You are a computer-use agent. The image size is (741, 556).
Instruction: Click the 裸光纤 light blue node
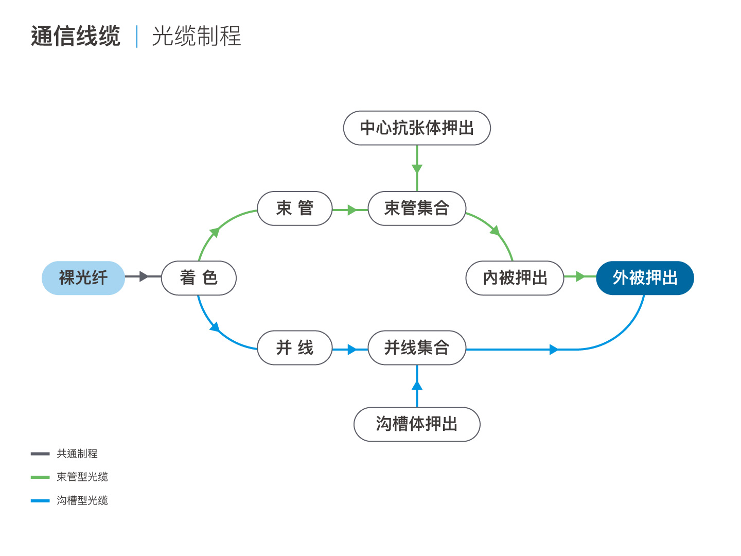click(83, 278)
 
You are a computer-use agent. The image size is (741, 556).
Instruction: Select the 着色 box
click(199, 278)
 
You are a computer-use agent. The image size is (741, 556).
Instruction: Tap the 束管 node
click(295, 208)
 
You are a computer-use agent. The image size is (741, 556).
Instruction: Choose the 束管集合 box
click(417, 208)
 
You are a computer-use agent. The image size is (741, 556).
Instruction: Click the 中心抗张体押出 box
click(417, 128)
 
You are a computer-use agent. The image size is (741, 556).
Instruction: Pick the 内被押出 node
click(515, 278)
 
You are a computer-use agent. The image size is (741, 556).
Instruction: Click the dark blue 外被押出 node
click(645, 278)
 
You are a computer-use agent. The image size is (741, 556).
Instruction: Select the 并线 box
click(295, 347)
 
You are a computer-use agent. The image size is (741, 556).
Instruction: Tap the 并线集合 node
click(417, 347)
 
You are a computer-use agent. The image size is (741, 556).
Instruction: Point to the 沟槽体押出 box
click(417, 424)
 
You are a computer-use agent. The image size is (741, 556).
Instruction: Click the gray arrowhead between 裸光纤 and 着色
click(144, 276)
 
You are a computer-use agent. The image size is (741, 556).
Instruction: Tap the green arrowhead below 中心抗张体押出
click(417, 169)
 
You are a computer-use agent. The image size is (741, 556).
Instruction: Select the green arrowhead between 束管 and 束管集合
click(352, 210)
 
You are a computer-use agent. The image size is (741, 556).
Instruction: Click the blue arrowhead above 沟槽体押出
click(417, 386)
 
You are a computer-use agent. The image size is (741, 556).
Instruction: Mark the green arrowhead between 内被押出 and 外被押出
click(580, 276)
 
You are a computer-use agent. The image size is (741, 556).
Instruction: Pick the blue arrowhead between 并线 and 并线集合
click(352, 350)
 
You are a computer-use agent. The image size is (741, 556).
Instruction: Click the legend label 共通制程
click(77, 454)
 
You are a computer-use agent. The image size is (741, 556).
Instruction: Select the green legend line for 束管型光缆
click(40, 477)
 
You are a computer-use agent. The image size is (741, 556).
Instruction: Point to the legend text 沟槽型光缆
click(82, 500)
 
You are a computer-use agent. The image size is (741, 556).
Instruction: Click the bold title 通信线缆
click(76, 36)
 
